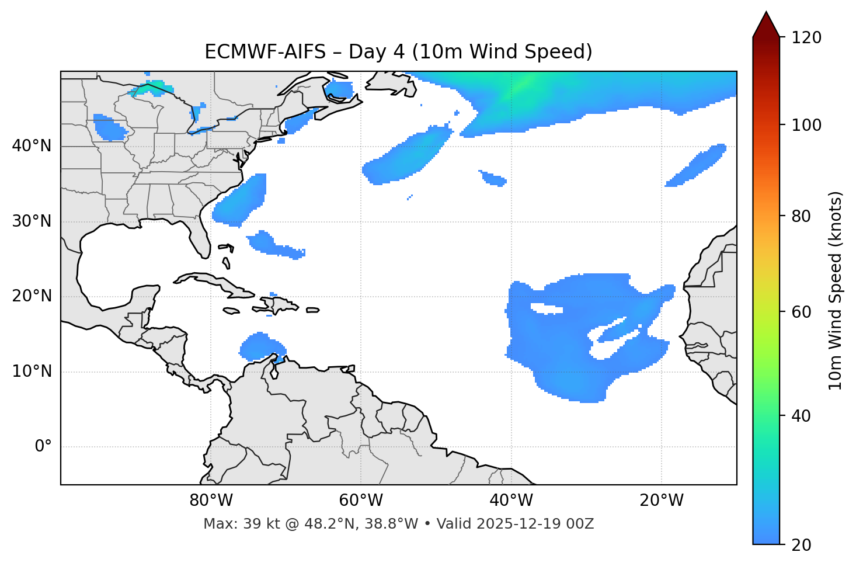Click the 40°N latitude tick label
[x=32, y=146]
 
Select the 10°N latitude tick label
[x=32, y=371]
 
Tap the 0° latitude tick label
[x=43, y=447]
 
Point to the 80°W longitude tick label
[x=211, y=501]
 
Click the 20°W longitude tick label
[x=662, y=501]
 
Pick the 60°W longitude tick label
[x=361, y=501]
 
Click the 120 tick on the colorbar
[x=806, y=37]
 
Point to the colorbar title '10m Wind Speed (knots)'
[x=836, y=291]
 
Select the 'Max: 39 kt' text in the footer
[x=233, y=524]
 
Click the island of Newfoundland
[x=391, y=85]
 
